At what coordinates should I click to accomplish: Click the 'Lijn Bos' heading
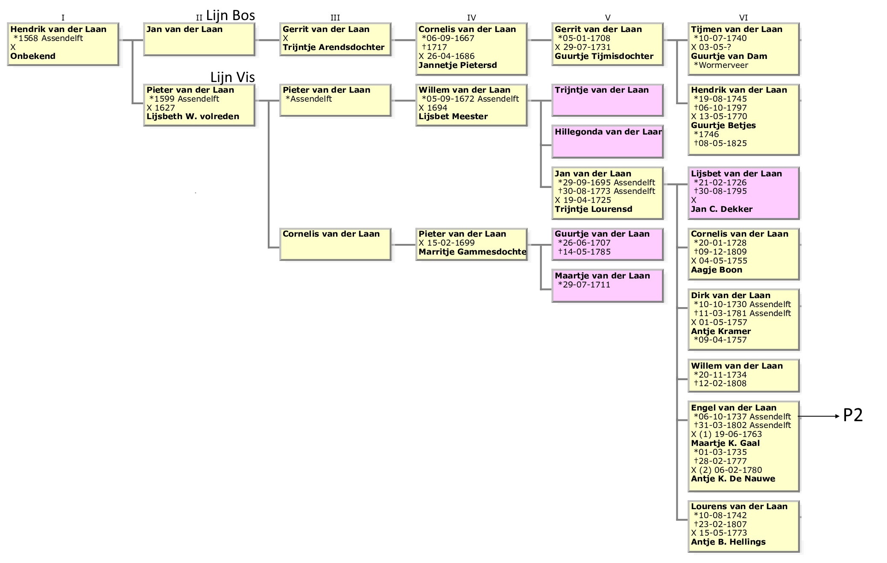coord(230,15)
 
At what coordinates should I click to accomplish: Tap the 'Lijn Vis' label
coord(232,77)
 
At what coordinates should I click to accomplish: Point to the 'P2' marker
coord(853,415)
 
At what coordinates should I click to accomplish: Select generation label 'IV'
coord(471,18)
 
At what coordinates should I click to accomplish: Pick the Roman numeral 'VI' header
coord(743,18)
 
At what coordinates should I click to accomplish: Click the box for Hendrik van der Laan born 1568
coord(63,44)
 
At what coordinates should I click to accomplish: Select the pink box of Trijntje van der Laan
coord(607,100)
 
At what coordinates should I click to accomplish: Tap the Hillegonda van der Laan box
coord(607,141)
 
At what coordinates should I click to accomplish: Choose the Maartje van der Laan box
coord(607,285)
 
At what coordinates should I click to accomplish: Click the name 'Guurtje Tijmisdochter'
coord(604,56)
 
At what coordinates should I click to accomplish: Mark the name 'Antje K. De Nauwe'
coord(733,479)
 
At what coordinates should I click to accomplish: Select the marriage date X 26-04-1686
coord(446,56)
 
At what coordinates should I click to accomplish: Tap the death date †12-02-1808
coord(720,384)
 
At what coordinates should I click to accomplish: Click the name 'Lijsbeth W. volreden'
coord(193,117)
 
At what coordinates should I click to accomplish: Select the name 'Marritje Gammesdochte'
coord(472,252)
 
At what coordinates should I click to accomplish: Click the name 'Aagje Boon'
coord(717,270)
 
